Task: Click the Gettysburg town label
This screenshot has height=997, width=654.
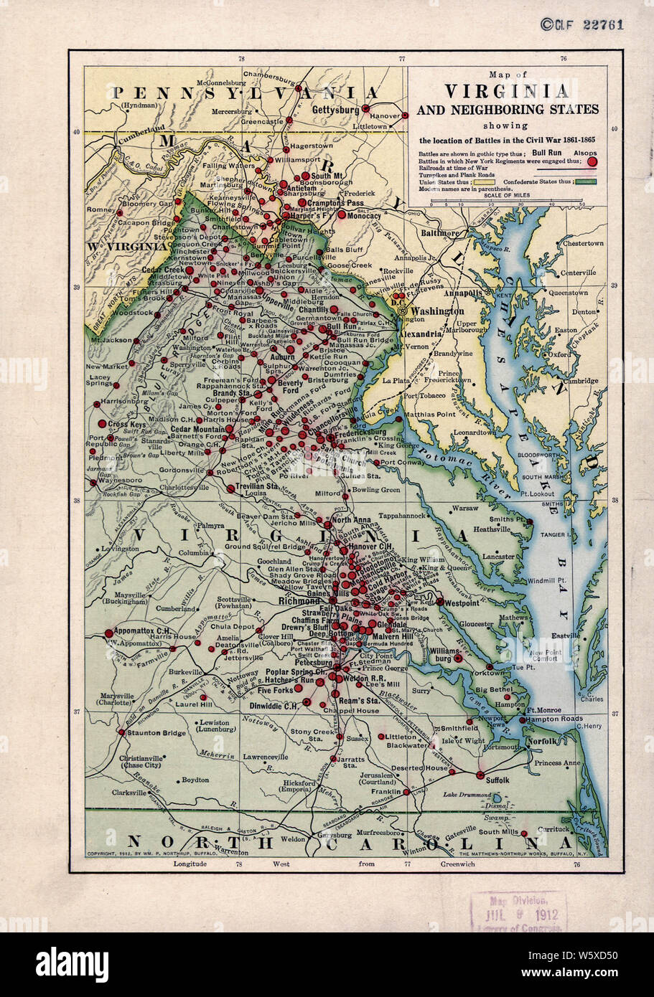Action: pos(336,110)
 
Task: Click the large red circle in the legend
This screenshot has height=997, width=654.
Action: pos(592,162)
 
